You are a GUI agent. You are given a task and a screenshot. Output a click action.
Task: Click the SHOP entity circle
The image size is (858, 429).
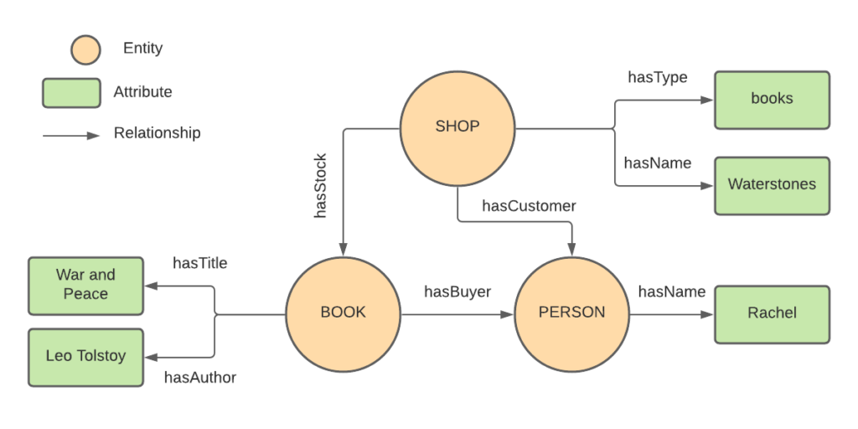tap(457, 127)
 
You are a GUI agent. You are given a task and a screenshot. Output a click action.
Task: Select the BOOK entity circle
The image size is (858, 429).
tap(344, 313)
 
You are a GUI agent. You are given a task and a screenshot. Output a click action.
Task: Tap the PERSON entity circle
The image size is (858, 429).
tap(571, 313)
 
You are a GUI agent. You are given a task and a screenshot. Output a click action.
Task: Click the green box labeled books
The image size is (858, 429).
tap(772, 99)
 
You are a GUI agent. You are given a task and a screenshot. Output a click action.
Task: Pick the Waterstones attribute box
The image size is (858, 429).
tap(772, 184)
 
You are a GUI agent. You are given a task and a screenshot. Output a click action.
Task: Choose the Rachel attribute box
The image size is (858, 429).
tap(772, 313)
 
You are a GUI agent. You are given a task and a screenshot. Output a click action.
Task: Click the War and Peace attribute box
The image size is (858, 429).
tap(85, 285)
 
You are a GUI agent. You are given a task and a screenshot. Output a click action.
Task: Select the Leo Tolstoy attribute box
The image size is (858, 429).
tap(85, 356)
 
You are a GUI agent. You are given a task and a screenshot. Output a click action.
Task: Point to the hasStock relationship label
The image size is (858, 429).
tap(321, 186)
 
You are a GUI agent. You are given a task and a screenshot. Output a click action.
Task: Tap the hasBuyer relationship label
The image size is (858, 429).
tap(457, 292)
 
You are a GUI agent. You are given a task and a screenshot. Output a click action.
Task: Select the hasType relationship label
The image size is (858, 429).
tap(658, 78)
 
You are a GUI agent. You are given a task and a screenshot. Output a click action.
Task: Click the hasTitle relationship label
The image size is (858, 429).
tap(199, 263)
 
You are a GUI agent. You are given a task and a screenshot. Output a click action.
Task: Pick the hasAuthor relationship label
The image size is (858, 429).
tap(199, 378)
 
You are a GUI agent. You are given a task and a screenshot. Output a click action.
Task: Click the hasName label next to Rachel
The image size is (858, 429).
tap(672, 292)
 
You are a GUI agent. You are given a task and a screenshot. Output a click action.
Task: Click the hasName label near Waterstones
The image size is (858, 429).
tap(658, 163)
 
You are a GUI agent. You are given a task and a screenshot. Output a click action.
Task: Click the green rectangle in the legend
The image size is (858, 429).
tap(71, 92)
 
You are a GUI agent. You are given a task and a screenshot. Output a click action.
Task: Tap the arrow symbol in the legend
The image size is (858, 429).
tap(71, 134)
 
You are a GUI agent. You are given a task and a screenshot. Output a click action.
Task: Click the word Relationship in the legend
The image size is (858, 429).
tap(158, 133)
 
